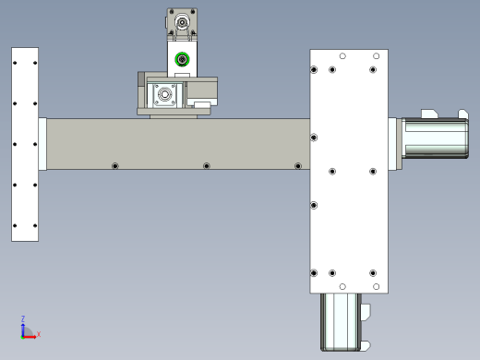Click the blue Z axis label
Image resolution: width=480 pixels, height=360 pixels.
point(23,318)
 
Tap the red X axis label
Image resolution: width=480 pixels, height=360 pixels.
point(39,334)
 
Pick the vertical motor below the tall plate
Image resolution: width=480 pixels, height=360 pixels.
point(342,322)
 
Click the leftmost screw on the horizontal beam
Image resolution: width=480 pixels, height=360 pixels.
point(115,166)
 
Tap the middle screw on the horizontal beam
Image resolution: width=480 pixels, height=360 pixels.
point(207,166)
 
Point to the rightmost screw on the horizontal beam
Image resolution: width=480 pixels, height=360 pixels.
point(298,166)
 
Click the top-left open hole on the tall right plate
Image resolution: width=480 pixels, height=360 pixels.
point(342,56)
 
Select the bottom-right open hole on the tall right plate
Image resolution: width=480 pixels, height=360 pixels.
point(376,287)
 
